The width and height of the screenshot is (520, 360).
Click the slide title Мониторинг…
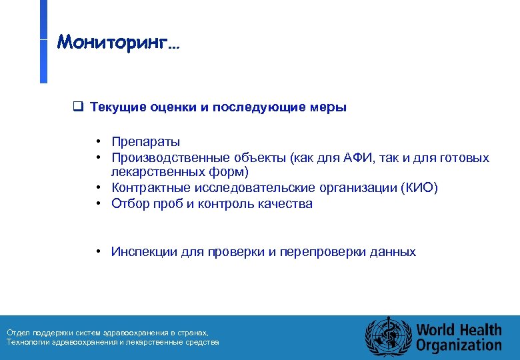118,43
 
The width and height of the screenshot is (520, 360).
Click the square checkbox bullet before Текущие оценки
77,107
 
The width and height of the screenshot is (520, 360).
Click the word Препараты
145,142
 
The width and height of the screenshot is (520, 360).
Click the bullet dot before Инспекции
98,252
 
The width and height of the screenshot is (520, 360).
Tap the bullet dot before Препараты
98,142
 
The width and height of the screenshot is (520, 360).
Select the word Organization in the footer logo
459,345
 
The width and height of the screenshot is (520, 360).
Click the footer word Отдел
17,332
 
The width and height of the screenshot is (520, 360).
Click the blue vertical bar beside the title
43,41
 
